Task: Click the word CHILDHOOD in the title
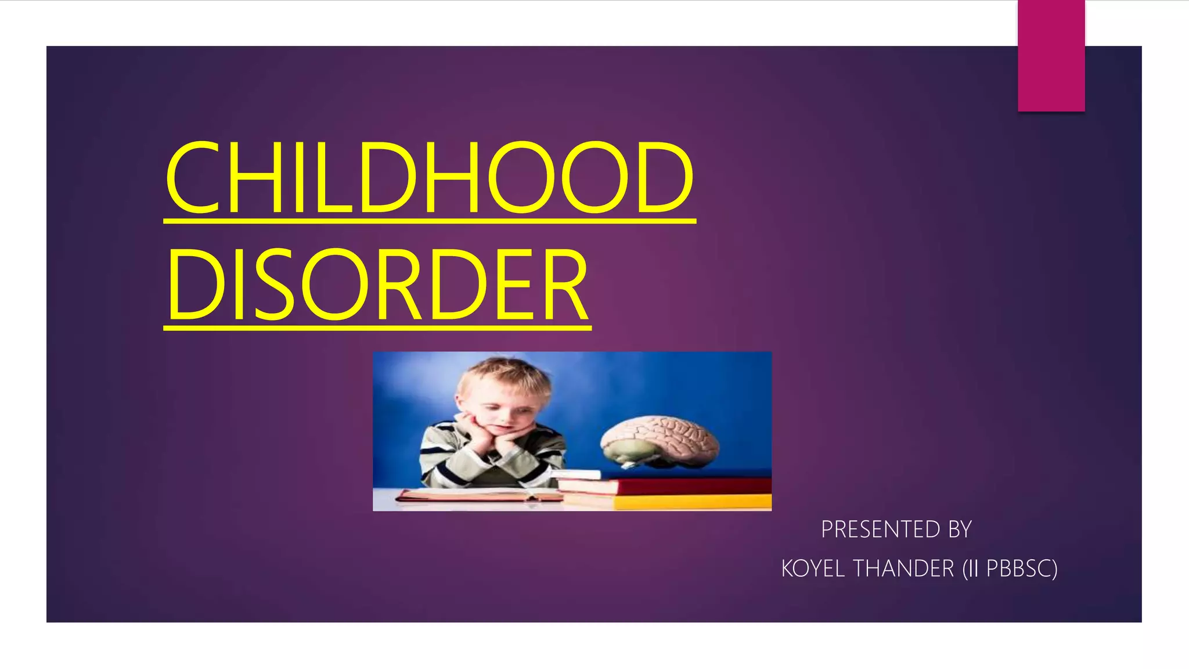(x=430, y=178)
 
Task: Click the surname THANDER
(x=903, y=569)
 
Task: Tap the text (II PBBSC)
(x=1010, y=569)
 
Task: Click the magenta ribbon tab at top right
(x=1051, y=56)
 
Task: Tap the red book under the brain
(x=691, y=485)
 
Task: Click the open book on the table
(x=476, y=495)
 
